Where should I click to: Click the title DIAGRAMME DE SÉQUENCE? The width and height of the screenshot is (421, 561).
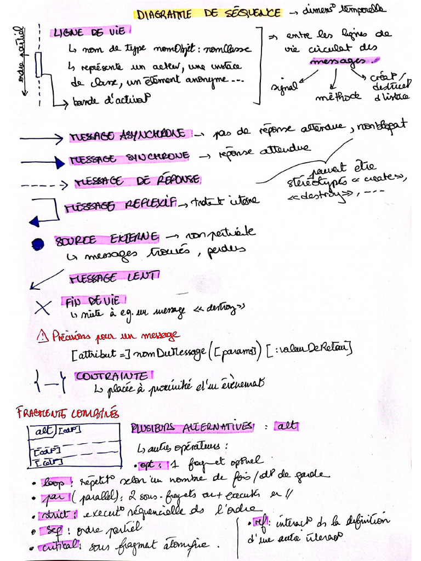[209, 13]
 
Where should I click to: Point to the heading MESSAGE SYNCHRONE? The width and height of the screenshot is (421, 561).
[129, 158]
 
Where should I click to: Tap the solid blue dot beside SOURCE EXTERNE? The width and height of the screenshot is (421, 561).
[37, 243]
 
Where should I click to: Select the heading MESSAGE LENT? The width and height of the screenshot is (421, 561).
[114, 278]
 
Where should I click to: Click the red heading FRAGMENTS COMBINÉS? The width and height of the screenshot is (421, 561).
[68, 412]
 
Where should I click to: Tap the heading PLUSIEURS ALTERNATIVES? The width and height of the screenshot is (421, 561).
[192, 427]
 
